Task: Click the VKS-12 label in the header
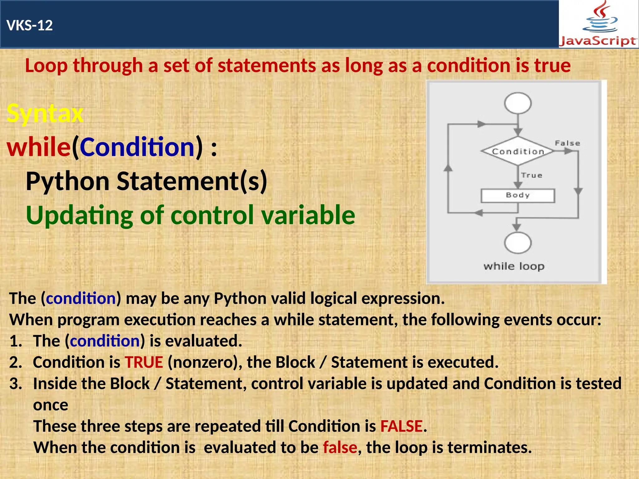point(30,25)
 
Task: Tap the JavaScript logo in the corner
point(598,24)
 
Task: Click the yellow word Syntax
point(45,113)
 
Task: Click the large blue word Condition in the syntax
point(138,147)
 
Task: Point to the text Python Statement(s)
point(146,181)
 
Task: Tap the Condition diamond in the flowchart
point(518,151)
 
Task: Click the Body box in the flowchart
point(518,196)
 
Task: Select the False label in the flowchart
point(567,143)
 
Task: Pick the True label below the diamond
point(532,175)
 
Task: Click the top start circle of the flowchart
point(518,103)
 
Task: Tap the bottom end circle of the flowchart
point(518,243)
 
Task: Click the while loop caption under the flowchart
point(514,266)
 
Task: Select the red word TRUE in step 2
point(144,362)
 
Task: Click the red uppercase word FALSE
point(401,426)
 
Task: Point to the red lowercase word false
point(340,448)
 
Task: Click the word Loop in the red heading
point(46,66)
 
